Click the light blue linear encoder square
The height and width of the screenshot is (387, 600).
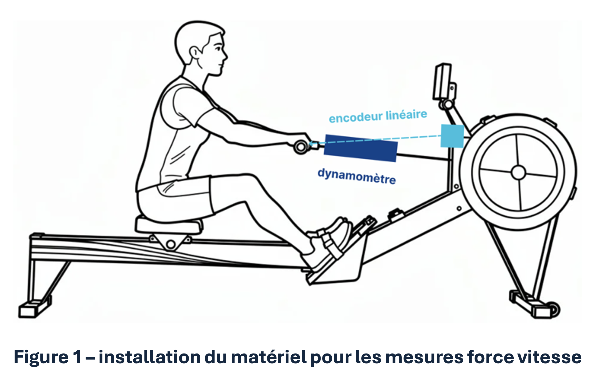click(x=452, y=136)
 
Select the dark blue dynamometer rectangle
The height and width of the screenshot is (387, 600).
click(x=360, y=148)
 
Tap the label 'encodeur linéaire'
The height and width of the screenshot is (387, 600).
click(x=378, y=116)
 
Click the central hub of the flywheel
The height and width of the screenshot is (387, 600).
click(x=518, y=173)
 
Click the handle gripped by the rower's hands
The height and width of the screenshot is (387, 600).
click(x=301, y=147)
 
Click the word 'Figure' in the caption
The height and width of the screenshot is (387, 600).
click(x=41, y=357)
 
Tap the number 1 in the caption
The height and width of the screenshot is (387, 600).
click(x=77, y=357)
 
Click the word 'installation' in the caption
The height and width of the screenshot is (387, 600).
click(x=149, y=357)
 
